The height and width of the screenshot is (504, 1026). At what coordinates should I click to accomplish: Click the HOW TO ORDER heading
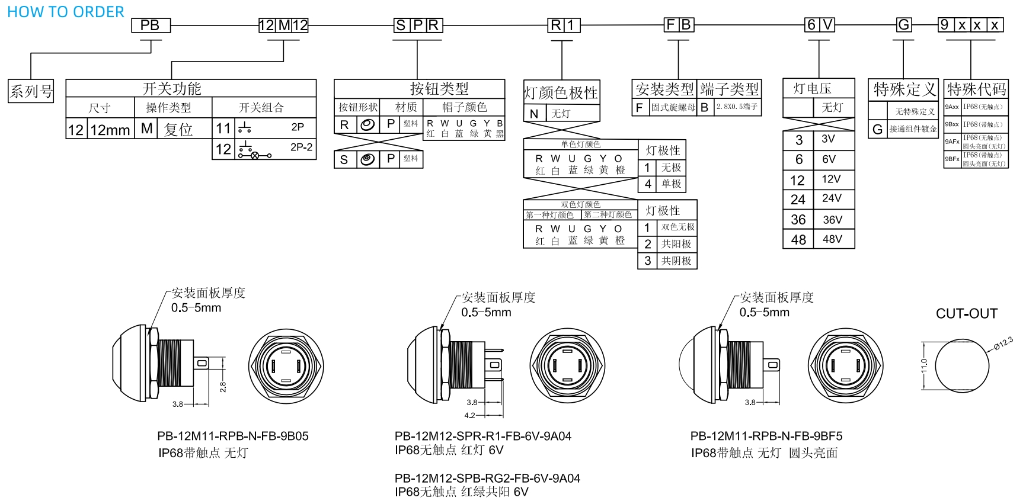65,12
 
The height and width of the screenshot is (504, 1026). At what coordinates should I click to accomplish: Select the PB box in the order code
151,25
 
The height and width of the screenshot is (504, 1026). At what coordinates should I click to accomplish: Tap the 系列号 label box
31,91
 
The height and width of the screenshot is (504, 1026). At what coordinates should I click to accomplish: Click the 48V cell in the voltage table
832,239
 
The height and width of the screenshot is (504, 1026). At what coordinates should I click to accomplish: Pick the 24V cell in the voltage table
832,198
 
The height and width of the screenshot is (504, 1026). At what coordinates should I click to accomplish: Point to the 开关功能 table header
172,89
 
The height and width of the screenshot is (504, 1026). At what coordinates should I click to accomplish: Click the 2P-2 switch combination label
301,147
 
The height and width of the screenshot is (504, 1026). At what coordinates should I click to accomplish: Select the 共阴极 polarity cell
676,261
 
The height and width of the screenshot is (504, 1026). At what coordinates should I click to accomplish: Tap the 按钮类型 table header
439,89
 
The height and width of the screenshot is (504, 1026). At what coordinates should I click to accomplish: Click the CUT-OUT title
966,314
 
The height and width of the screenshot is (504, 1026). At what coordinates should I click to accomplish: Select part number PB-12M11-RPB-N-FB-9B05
232,436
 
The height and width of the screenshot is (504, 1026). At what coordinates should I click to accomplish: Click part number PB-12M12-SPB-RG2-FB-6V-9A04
487,478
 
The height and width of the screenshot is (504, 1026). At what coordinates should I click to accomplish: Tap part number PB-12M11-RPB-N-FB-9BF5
766,436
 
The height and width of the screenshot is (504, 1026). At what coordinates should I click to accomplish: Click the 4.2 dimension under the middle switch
469,415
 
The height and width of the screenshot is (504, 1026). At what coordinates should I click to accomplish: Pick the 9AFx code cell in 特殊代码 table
952,142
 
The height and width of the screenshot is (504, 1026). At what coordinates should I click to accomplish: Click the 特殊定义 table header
904,90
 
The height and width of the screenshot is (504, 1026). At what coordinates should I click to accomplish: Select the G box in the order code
904,25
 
